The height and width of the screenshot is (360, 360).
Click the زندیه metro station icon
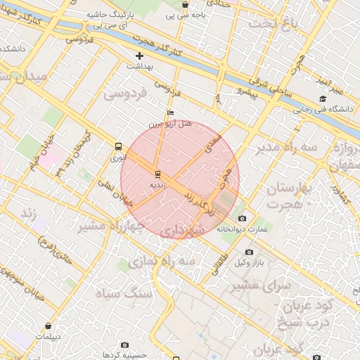point(157,173)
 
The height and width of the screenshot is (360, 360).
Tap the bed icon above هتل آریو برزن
point(170,112)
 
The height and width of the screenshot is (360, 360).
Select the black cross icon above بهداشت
point(139,56)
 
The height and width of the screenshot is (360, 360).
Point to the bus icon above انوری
point(118,147)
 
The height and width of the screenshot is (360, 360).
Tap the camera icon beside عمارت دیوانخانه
point(243,219)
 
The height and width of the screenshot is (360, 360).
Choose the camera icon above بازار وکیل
point(249,252)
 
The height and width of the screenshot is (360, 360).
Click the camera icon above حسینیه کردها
point(125,345)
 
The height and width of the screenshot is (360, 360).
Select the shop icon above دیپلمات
point(48,326)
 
